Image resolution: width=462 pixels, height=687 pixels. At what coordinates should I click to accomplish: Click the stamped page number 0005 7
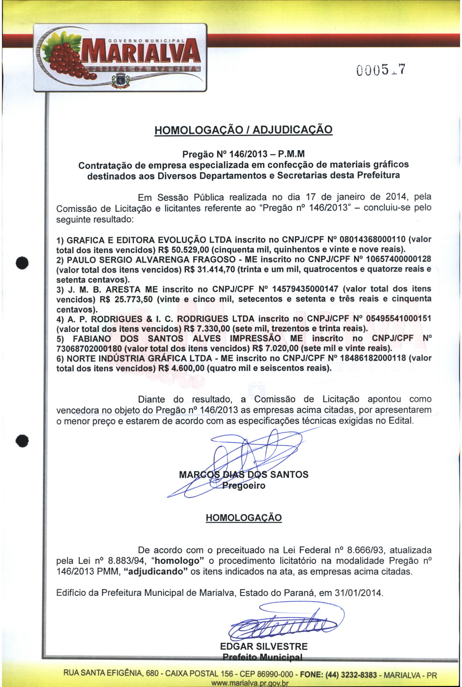381,70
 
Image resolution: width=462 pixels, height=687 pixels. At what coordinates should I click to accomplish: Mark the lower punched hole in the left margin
22,441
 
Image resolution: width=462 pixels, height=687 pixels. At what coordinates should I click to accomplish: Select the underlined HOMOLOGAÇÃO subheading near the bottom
244,517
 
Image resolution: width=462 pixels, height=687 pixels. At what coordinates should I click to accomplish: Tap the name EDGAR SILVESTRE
264,646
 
